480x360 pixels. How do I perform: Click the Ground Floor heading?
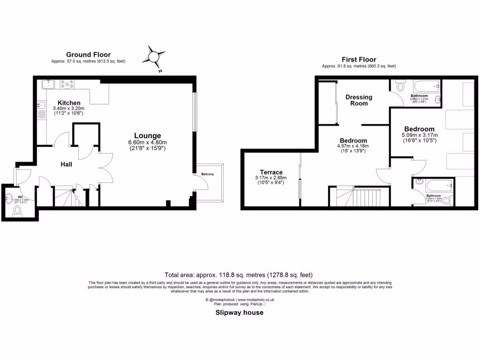pyautogui.click(x=88, y=55)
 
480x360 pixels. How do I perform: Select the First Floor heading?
pyautogui.click(x=359, y=60)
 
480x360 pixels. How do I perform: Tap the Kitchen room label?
pyautogui.click(x=69, y=103)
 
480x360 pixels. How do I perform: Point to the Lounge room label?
pyautogui.click(x=148, y=135)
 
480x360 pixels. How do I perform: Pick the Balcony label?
pyautogui.click(x=208, y=174)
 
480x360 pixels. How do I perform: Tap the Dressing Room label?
pyautogui.click(x=359, y=100)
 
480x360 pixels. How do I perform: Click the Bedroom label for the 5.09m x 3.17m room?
pyautogui.click(x=419, y=129)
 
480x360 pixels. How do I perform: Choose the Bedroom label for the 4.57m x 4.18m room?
pyautogui.click(x=353, y=141)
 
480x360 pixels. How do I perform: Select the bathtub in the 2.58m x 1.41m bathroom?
pyautogui.click(x=426, y=86)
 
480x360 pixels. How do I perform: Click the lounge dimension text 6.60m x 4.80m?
pyautogui.click(x=148, y=142)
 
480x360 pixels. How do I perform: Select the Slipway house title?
pyautogui.click(x=240, y=313)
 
